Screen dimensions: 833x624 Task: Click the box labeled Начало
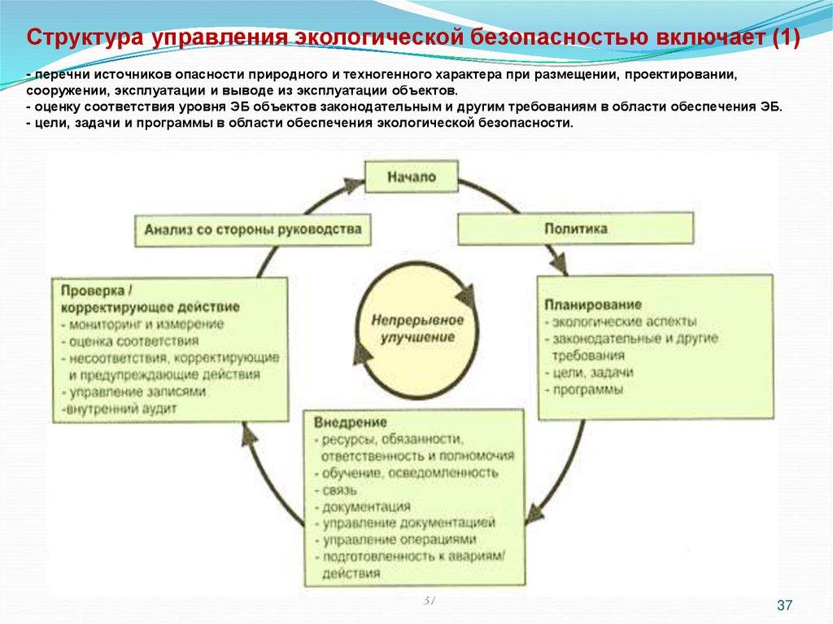411,177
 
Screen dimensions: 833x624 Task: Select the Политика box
576,229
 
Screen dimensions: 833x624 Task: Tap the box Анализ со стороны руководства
253,230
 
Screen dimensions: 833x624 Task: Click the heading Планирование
593,304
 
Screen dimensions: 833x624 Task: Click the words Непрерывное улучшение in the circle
417,329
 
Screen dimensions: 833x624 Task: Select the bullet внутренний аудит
119,409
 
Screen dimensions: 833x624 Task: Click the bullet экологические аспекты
621,321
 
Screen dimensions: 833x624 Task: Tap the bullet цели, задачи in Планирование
589,373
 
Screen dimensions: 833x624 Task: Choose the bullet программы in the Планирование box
583,390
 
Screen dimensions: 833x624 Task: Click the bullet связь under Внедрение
336,490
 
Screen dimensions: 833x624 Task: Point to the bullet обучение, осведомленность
406,473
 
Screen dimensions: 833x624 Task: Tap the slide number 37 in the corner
785,604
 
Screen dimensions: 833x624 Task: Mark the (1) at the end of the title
786,38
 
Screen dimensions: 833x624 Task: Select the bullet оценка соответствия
129,341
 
